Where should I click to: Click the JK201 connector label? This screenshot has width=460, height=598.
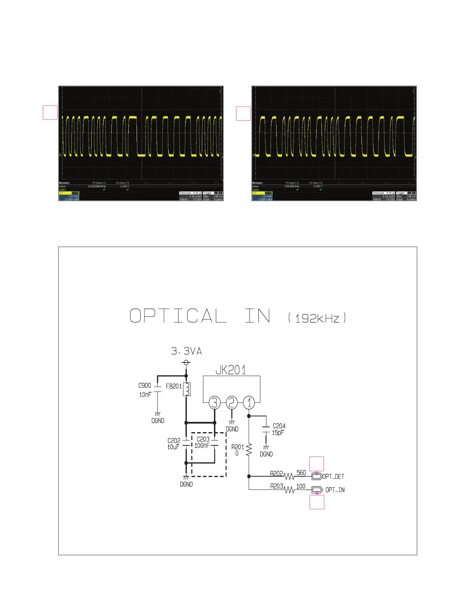click(x=231, y=370)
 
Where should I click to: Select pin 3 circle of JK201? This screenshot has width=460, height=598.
click(x=214, y=403)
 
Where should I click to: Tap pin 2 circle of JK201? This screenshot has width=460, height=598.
click(x=232, y=403)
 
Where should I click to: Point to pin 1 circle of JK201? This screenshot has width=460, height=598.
click(x=249, y=403)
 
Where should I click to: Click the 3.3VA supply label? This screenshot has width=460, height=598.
click(x=186, y=351)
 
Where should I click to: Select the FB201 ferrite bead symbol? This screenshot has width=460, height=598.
click(x=186, y=389)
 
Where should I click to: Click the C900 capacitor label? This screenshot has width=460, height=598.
click(x=145, y=385)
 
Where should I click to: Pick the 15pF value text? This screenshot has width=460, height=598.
click(x=278, y=433)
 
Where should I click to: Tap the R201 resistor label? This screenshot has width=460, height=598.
click(x=238, y=447)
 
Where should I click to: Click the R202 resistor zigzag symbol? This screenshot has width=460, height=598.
click(x=289, y=477)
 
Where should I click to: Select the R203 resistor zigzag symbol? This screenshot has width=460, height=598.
click(x=289, y=490)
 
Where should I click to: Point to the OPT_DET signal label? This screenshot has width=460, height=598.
click(x=333, y=477)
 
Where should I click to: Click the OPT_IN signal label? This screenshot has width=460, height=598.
click(x=335, y=490)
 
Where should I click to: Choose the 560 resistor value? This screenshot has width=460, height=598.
click(x=301, y=473)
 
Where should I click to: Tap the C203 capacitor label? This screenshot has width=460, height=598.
click(x=203, y=439)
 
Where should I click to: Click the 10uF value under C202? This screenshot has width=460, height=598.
click(x=173, y=447)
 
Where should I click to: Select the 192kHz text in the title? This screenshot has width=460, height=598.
click(x=317, y=318)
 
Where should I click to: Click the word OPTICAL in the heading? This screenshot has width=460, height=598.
click(x=178, y=316)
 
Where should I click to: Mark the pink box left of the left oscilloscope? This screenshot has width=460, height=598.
click(x=50, y=112)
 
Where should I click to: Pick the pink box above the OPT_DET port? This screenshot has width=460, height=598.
click(x=317, y=464)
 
